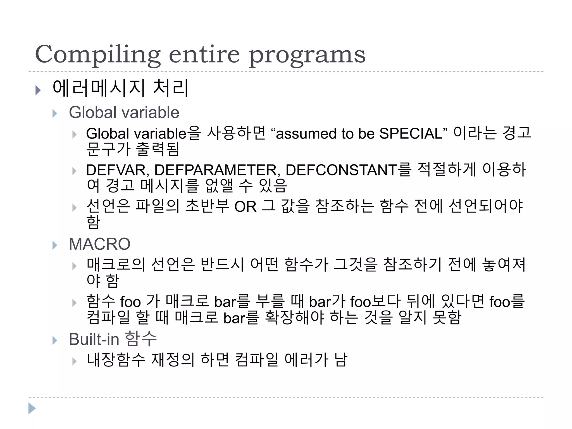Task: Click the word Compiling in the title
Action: (98, 54)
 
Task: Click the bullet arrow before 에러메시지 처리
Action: (38, 90)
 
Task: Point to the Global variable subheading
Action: (124, 113)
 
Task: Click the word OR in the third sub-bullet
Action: (245, 207)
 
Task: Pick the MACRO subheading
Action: (99, 244)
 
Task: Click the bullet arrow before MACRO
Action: (55, 245)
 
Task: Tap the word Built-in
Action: (94, 339)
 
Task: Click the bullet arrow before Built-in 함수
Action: (55, 340)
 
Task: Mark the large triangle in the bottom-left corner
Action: (32, 408)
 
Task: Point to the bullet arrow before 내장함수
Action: (74, 361)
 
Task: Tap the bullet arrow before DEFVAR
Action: (74, 171)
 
